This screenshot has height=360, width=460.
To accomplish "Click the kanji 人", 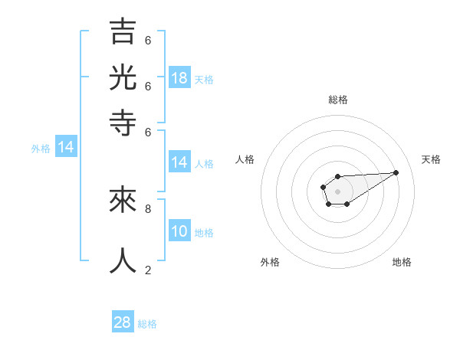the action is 123,260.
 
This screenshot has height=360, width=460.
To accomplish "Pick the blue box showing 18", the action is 179,78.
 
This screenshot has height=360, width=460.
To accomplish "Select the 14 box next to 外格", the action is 66,147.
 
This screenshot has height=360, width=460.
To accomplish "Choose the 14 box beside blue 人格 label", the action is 179,162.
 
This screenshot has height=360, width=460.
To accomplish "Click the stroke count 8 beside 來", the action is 148,208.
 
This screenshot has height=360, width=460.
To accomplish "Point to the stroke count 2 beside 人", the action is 148,269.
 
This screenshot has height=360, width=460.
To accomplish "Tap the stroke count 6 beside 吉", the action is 148,40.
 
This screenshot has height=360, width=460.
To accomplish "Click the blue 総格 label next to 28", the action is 147,324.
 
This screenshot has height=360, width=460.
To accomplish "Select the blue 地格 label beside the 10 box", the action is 204,233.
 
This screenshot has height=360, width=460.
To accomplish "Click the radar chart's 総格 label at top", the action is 338,100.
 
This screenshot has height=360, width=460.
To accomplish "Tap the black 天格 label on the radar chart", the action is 431,159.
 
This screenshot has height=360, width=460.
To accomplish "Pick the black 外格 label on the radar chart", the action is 270,262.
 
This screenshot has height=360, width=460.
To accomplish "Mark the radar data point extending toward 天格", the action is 396,172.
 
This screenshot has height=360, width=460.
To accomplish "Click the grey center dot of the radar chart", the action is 337,191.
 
